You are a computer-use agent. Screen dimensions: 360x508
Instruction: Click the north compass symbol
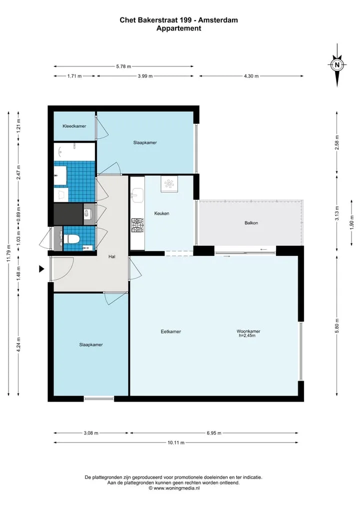[x=337, y=65]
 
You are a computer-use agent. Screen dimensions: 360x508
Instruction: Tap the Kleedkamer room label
[x=74, y=126]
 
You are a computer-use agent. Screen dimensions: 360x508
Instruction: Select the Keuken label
[x=161, y=213]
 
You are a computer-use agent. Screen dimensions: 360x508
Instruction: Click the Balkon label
[x=251, y=223]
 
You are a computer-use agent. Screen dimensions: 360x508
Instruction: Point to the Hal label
[x=112, y=257]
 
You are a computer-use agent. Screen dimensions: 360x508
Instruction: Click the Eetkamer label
[x=171, y=332]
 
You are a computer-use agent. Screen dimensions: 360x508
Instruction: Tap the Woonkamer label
[x=248, y=331]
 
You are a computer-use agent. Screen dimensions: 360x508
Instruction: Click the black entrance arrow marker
[x=41, y=269]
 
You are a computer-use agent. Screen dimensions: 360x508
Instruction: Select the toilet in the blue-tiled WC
[x=71, y=239]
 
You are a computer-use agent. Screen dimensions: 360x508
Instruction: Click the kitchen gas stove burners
[x=137, y=225]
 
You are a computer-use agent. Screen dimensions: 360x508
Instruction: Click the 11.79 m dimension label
[x=9, y=253]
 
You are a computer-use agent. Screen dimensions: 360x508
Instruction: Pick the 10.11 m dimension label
[x=176, y=443]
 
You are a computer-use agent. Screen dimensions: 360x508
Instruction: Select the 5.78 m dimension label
[x=123, y=66]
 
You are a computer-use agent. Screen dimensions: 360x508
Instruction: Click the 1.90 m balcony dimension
[x=352, y=222]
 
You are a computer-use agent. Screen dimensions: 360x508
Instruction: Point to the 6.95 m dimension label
[x=214, y=433]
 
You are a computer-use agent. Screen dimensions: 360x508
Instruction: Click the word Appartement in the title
[x=178, y=28]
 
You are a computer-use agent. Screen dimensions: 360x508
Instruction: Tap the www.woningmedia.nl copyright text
[x=174, y=488]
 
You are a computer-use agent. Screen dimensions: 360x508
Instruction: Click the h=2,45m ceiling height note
[x=247, y=336]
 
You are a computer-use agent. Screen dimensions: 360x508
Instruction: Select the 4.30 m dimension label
[x=251, y=76]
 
